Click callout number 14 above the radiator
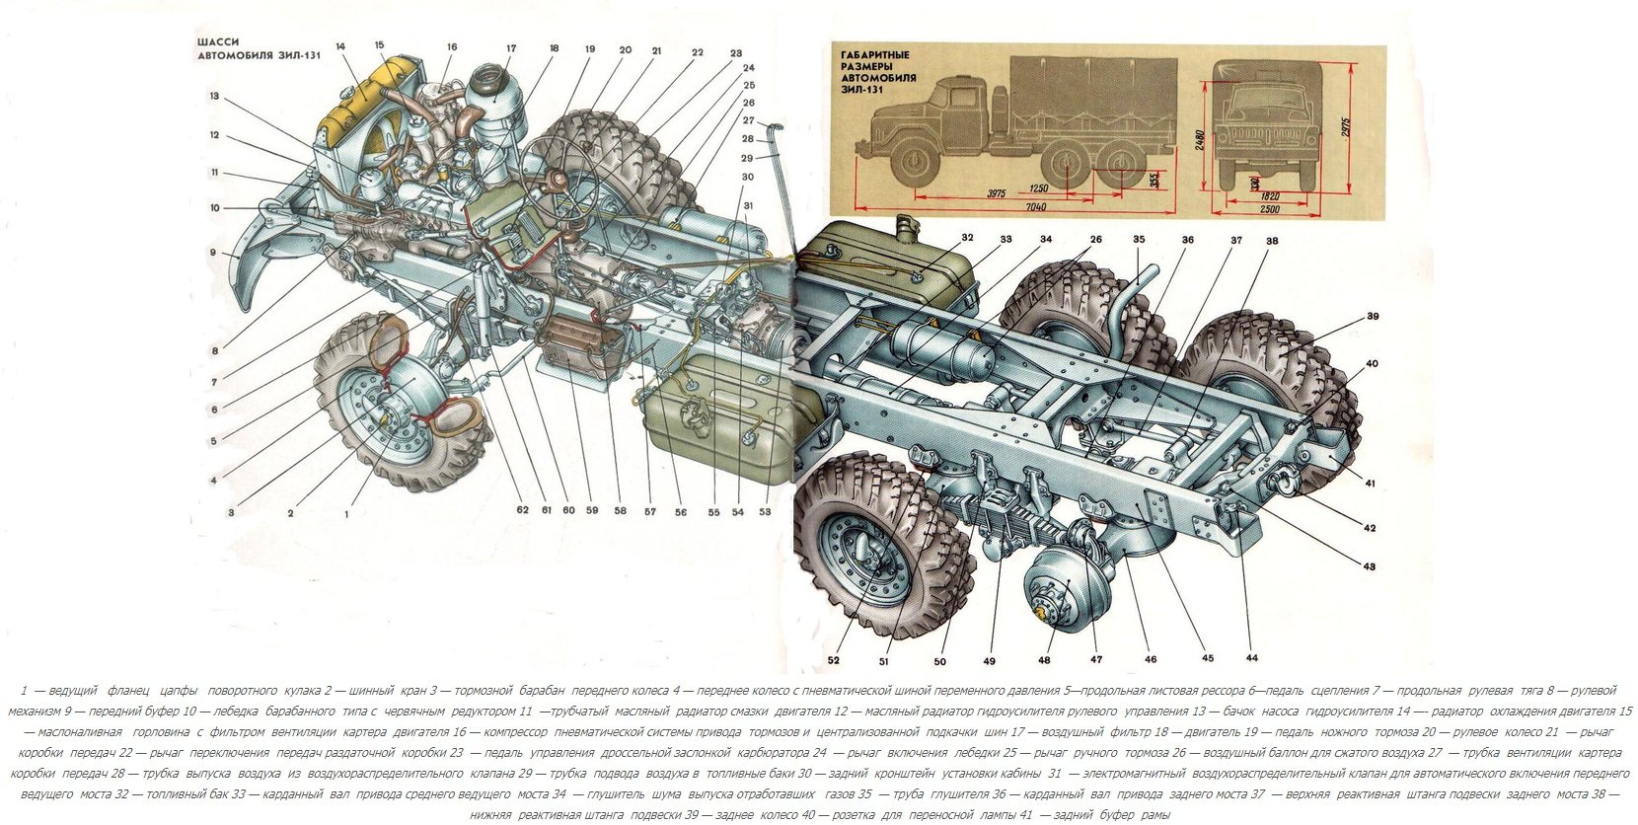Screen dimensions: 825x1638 [x=339, y=46]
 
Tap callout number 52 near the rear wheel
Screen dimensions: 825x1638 [x=833, y=659]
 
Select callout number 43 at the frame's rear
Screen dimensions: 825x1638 [x=1370, y=566]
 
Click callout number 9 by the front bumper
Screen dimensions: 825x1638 [x=212, y=253]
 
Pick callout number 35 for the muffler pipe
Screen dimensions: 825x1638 [x=1138, y=240]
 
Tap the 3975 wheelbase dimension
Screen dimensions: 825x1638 [x=995, y=194]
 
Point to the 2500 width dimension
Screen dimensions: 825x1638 [x=1269, y=209]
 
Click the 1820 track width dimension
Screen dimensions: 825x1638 [x=1269, y=195]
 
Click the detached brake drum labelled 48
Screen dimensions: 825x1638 [x=1057, y=593]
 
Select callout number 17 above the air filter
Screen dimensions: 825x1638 [x=511, y=48]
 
